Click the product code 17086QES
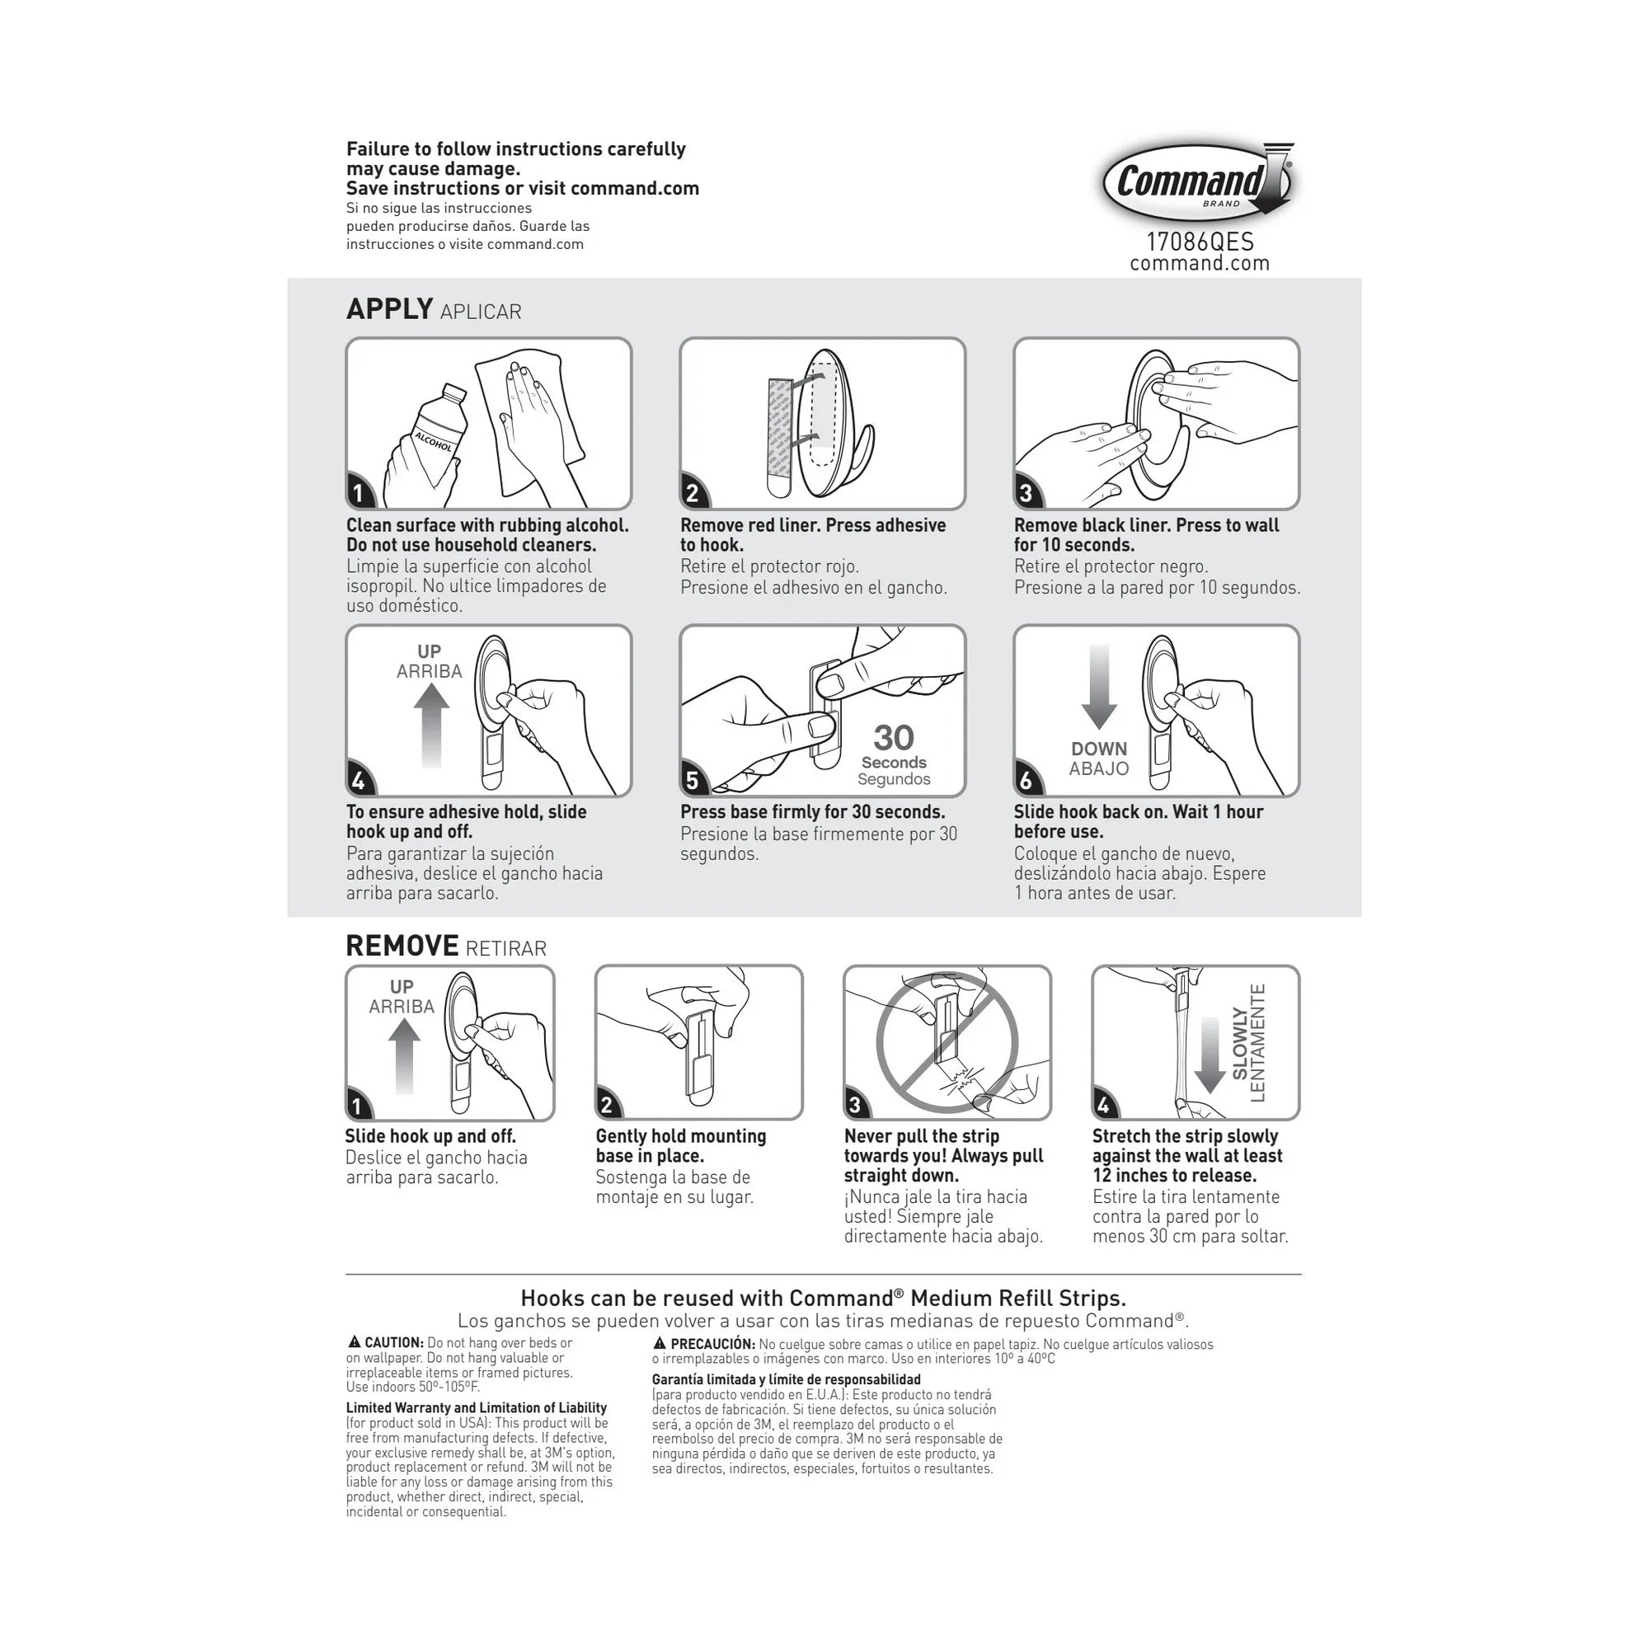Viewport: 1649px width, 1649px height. coord(1199,242)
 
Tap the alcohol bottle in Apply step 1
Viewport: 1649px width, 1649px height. coord(435,431)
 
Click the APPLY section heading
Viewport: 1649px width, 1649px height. coord(390,309)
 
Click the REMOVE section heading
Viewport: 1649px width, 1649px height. coord(402,946)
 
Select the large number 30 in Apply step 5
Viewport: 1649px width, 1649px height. coord(893,737)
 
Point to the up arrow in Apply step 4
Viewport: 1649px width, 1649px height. coord(431,725)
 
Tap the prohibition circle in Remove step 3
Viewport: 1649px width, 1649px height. coord(947,1042)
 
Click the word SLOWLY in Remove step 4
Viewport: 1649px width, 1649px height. coord(1239,1043)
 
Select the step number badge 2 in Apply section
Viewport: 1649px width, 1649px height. coord(693,492)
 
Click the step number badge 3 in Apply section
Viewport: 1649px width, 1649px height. coord(1027,492)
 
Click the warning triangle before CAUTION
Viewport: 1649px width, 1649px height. coord(355,1343)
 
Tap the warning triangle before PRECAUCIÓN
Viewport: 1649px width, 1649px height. coord(660,1344)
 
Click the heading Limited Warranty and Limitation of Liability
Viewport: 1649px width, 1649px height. coord(477,1407)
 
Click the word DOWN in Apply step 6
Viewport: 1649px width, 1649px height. coord(1098,749)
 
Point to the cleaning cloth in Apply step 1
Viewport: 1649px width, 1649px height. coord(529,422)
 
